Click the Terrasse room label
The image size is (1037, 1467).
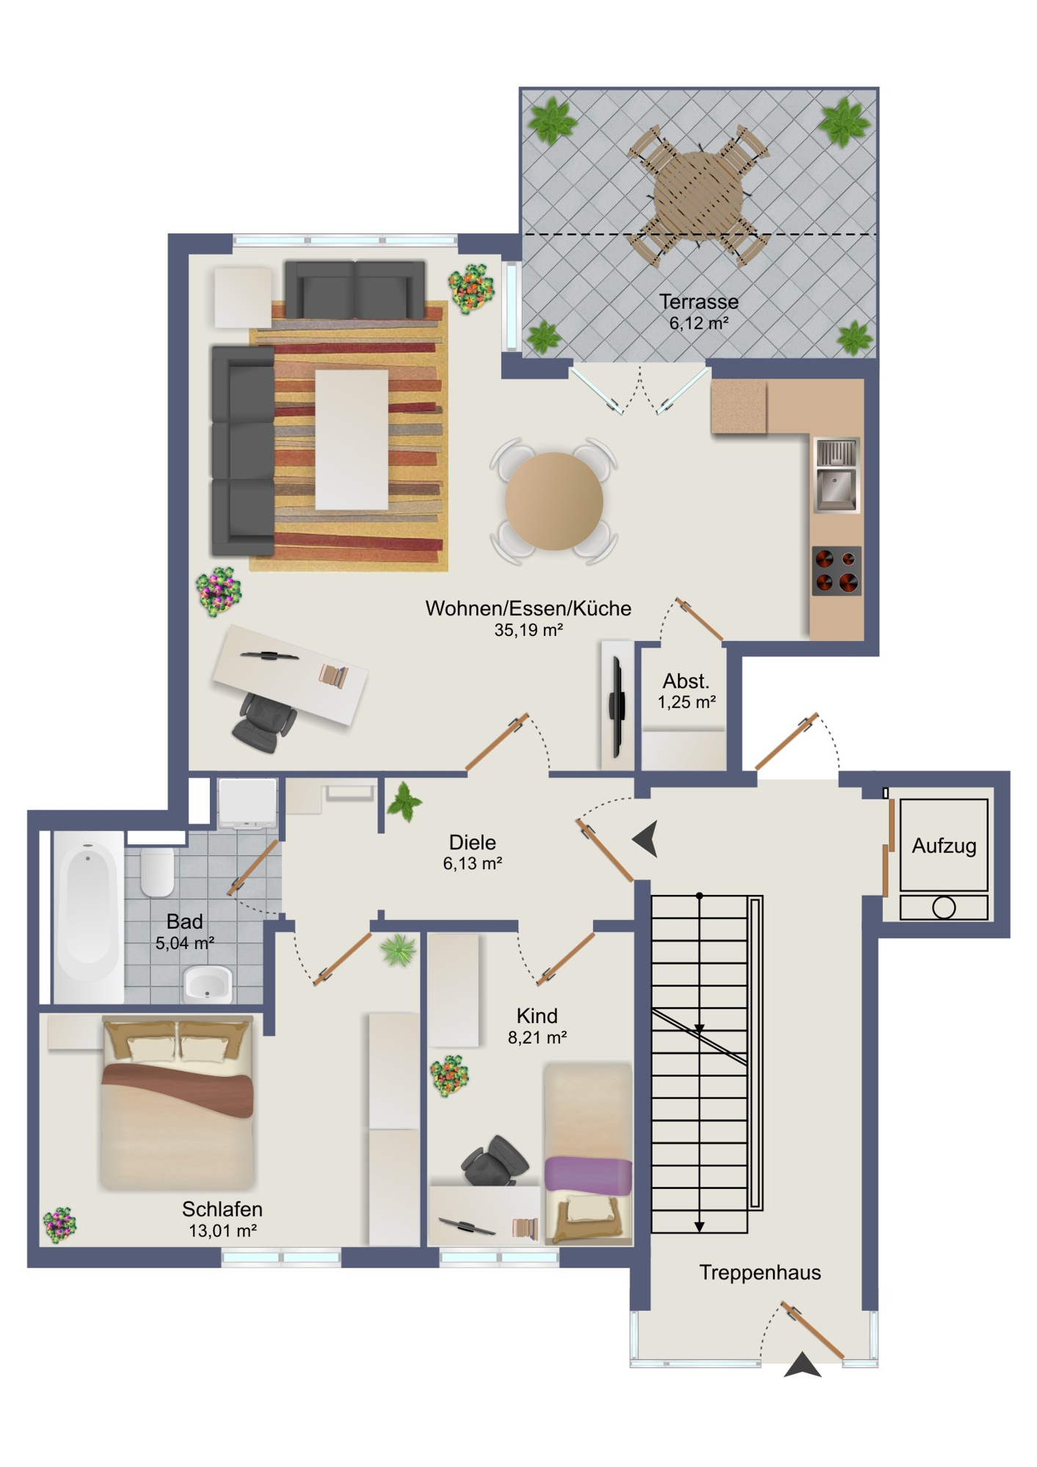tap(698, 301)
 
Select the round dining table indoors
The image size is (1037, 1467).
tap(553, 501)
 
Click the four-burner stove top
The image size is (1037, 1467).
tap(836, 570)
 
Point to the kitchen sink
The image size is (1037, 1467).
tap(837, 475)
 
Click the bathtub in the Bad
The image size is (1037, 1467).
tap(88, 916)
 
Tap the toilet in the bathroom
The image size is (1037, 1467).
tap(157, 871)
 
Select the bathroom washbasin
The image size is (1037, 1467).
tap(207, 984)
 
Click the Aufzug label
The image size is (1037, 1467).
tap(944, 846)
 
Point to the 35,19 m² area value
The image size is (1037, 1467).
tap(528, 629)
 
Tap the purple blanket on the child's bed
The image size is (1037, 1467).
tap(588, 1174)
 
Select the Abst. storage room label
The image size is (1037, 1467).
tap(686, 681)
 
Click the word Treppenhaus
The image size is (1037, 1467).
tap(760, 1272)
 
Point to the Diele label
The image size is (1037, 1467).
tap(473, 842)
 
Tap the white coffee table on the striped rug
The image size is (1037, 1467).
tap(352, 439)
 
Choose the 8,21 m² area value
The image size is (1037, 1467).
tap(537, 1037)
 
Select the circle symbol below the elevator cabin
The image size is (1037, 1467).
tap(944, 908)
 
